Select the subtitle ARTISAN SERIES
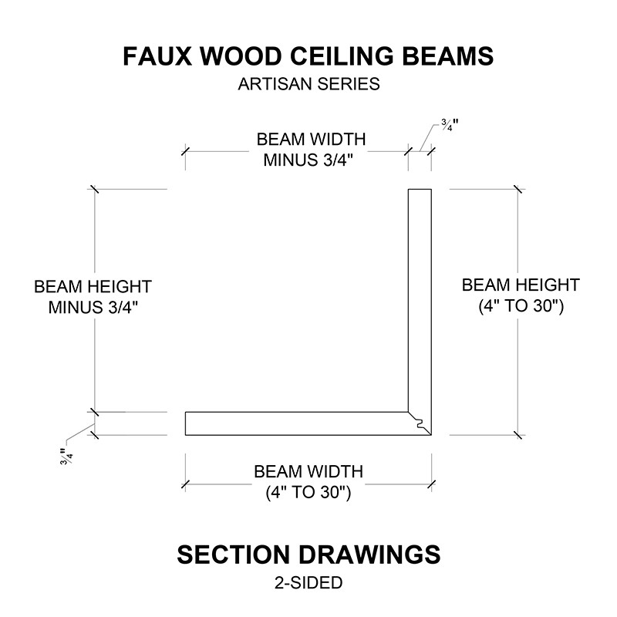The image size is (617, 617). (308, 84)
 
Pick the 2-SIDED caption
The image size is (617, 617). (308, 583)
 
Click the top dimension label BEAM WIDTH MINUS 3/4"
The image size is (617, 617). (311, 150)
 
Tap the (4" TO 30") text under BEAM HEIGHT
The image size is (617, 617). (521, 306)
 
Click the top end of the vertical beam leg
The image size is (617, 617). (419, 190)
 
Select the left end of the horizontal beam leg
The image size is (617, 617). (186, 423)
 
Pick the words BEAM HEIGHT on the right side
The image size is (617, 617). (521, 285)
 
